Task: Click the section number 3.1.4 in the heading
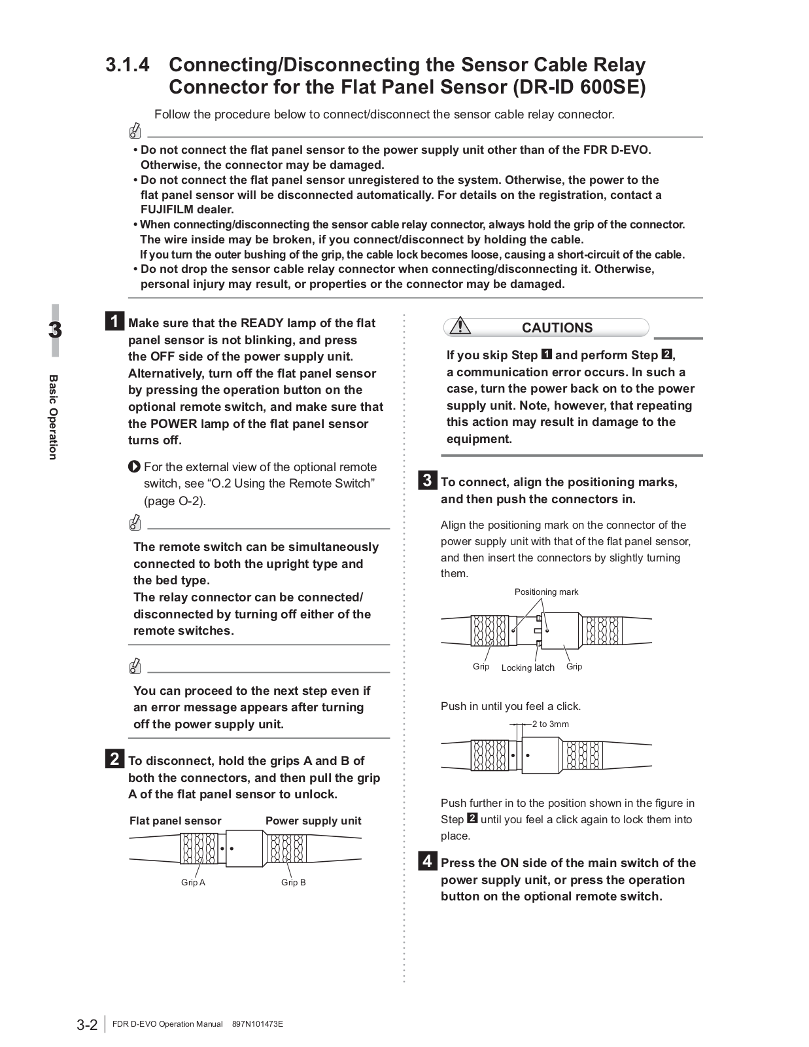128,65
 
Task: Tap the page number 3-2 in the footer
87,1025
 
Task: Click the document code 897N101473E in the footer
258,1024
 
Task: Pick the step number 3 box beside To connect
426,481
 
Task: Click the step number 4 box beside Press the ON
426,861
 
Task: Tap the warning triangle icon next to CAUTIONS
460,325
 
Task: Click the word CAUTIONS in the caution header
557,328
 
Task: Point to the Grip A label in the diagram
193,882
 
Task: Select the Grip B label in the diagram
293,882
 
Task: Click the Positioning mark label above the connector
546,592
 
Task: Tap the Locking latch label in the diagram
528,667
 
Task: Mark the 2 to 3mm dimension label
550,724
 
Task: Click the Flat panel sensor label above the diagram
175,821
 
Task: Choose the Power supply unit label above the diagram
313,821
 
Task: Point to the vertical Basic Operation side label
54,417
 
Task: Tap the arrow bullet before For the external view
134,467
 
